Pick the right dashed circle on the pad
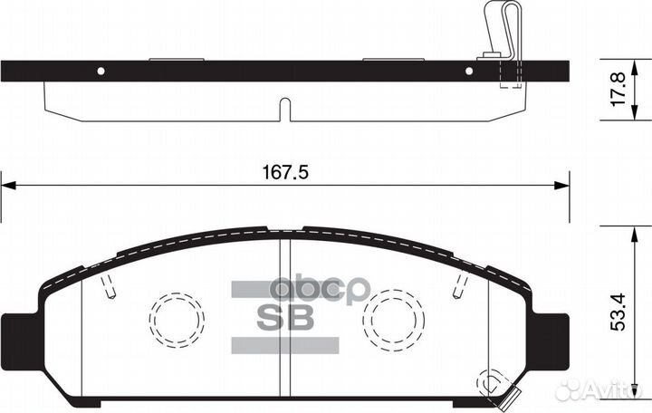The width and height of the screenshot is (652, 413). pyautogui.click(x=394, y=320)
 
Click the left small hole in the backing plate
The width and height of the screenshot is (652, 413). pyautogui.click(x=101, y=71)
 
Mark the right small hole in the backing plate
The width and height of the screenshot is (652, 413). pyautogui.click(x=469, y=71)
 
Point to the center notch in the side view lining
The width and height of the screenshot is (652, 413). pyautogui.click(x=283, y=110)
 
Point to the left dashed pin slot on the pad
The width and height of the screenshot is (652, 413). pyautogui.click(x=110, y=287)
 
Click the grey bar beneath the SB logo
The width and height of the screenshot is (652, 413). pyautogui.click(x=286, y=345)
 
